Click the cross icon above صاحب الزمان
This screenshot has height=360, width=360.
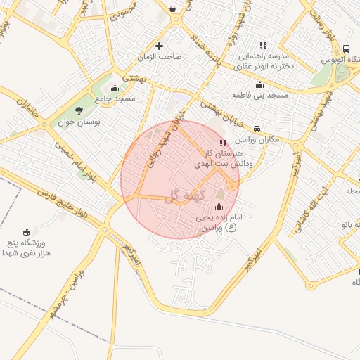pos(159,46)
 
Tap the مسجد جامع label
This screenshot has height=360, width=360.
pos(115,98)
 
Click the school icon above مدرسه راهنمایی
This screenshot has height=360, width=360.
pos(263,45)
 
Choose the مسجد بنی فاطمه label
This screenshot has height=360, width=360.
pos(262,94)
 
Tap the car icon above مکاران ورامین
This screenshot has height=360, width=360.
pos(257,129)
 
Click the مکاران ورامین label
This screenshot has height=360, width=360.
pos(259,139)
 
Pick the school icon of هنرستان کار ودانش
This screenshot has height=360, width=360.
pos(223,143)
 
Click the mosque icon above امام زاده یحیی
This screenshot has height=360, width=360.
pos(219,207)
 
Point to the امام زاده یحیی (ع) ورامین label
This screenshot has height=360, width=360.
pos(219,223)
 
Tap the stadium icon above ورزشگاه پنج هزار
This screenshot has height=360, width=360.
pos(27,232)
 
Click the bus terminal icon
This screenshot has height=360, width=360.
pos(346,49)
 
